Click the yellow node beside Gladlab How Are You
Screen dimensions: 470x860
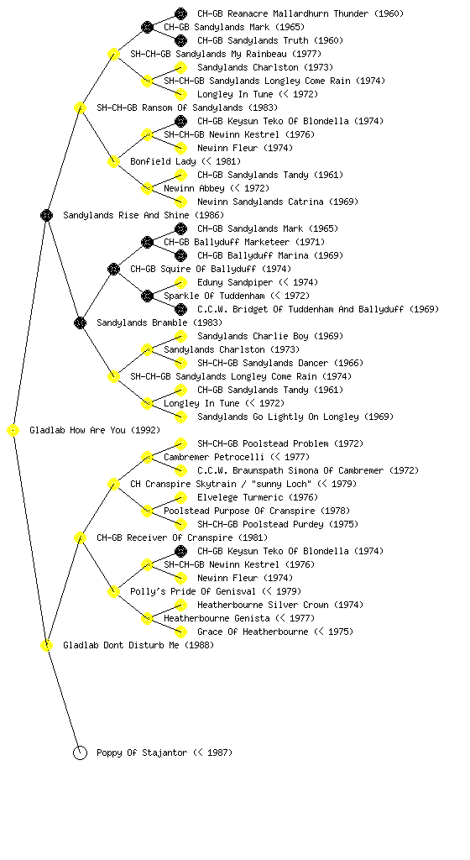13,431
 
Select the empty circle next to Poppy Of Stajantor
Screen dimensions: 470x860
80,753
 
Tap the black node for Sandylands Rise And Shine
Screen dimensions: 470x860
46,216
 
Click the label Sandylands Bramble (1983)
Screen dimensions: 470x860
159,322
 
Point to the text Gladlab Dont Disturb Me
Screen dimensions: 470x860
121,645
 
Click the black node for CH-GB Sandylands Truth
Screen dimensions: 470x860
180,40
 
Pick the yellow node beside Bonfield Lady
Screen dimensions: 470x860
113,162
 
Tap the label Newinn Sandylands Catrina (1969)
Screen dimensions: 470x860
278,202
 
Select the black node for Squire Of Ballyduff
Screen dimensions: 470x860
113,270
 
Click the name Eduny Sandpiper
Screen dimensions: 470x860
235,282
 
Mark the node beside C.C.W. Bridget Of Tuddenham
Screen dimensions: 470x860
180,309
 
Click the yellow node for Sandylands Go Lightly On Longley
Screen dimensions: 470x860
180,417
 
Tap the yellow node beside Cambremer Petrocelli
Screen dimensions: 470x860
147,458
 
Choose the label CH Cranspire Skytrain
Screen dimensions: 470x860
173,484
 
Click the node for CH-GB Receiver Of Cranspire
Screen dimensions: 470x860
80,538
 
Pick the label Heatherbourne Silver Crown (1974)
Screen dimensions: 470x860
280,605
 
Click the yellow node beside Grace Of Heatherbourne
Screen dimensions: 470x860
180,632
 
